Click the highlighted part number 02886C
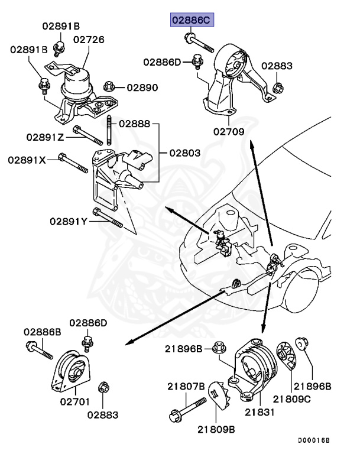[190, 20]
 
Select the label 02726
[89, 40]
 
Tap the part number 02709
[229, 132]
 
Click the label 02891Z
[46, 137]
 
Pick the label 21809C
[310, 399]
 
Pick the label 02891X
[27, 160]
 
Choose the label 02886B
[43, 332]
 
